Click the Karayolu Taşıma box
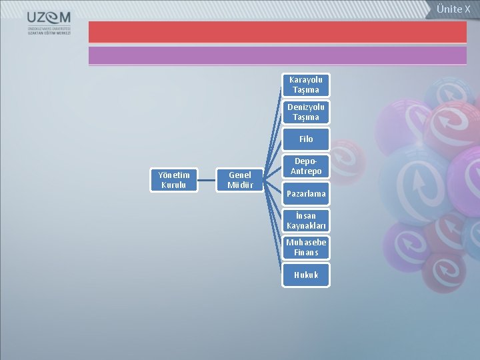[305, 85]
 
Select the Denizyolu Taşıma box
[305, 112]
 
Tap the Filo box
[305, 139]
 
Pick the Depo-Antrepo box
[305, 167]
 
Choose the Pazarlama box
[305, 194]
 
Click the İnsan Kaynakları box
[305, 221]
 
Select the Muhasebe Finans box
[305, 247]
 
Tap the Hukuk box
[305, 275]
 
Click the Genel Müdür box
[240, 180]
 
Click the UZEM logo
[50, 23]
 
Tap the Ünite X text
[453, 9]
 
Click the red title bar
[277, 32]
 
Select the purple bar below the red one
[277, 55]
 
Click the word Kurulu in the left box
[174, 185]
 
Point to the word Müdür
[240, 185]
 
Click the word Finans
[305, 253]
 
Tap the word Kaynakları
[305, 226]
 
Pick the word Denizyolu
[305, 107]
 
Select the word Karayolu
[305, 79]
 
